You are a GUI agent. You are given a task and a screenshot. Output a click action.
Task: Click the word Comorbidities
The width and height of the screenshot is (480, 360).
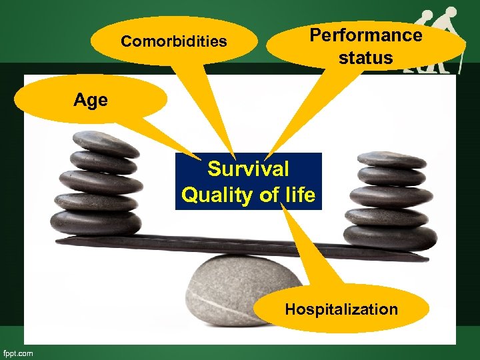[x=173, y=42]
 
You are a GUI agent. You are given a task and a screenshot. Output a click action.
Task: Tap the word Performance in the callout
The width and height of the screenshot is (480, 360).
[x=365, y=35]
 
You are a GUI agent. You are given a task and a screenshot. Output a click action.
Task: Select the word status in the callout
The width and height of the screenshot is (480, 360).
[x=365, y=58]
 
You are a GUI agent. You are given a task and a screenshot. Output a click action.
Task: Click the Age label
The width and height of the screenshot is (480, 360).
[x=91, y=101]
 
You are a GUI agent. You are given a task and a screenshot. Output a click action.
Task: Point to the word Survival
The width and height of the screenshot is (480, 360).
[x=248, y=169]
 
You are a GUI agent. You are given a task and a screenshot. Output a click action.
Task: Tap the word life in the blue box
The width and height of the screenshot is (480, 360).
[x=297, y=195]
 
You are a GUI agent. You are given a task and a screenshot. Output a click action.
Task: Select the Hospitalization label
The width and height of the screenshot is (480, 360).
[x=341, y=309]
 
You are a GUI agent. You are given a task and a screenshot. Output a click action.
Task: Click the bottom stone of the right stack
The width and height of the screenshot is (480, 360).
[x=389, y=236]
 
